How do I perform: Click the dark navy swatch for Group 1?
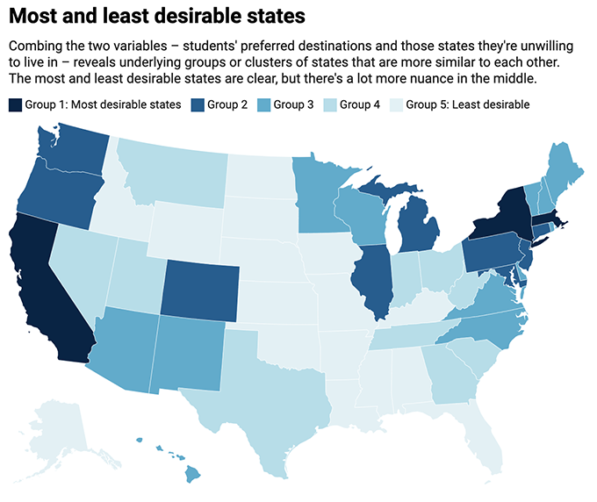coord(15,105)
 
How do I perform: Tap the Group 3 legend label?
coord(293,105)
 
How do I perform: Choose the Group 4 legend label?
coord(360,105)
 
